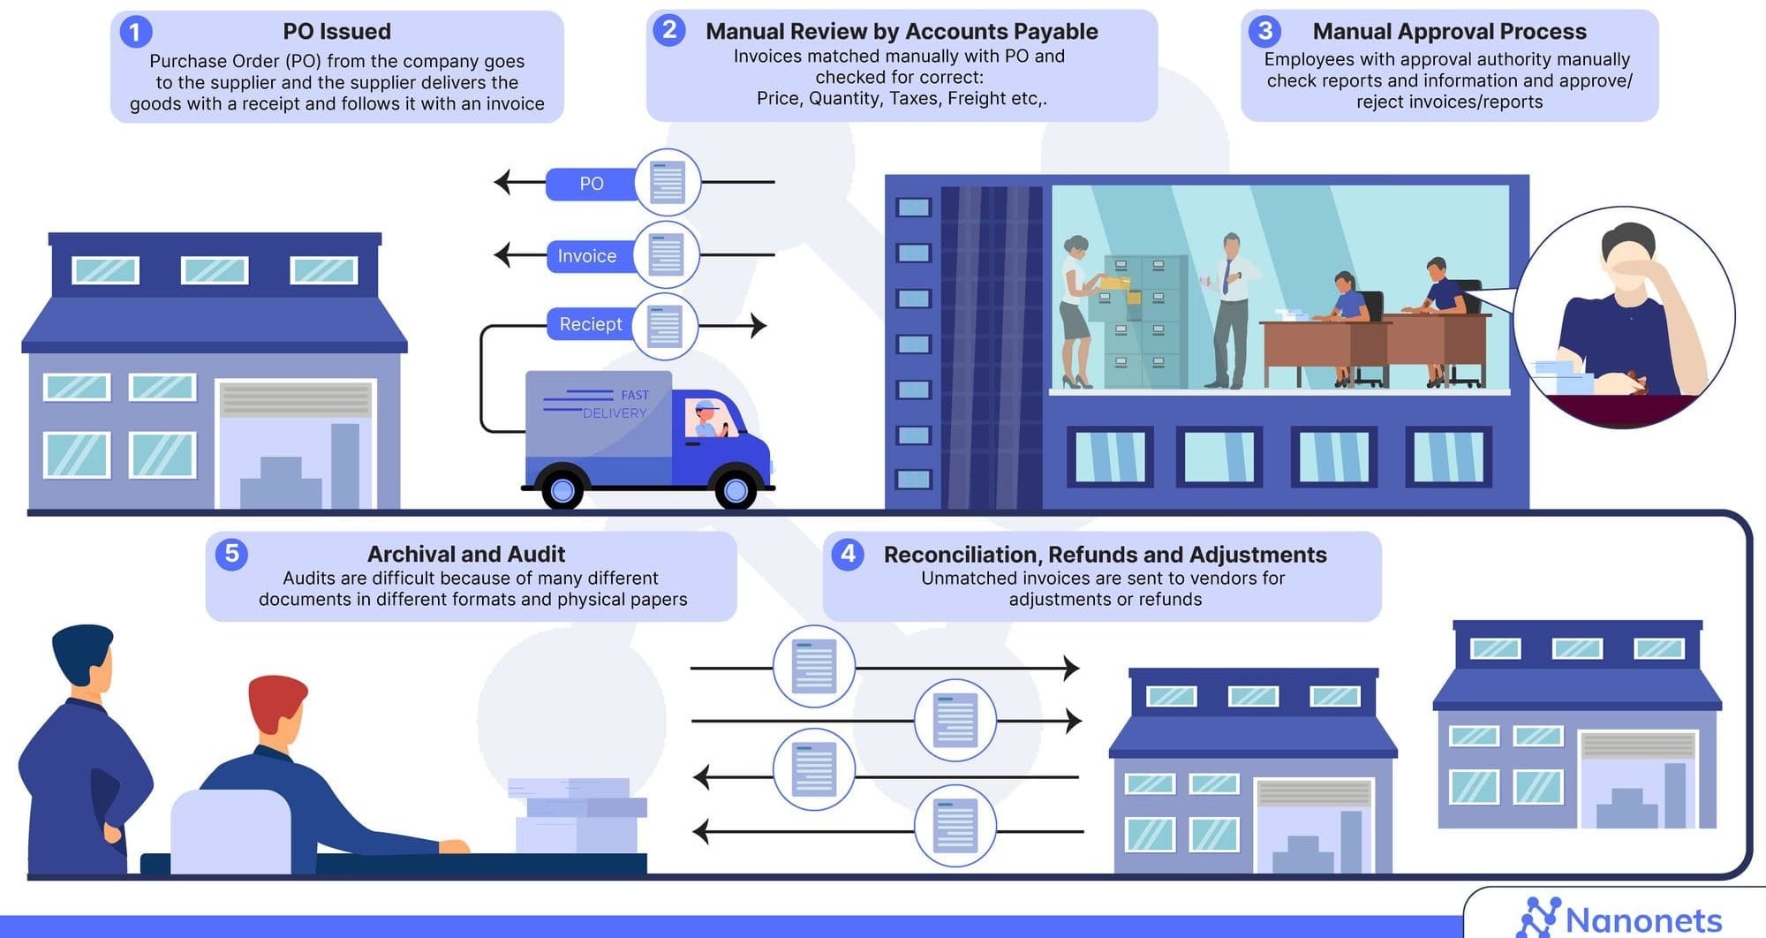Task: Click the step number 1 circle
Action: [134, 33]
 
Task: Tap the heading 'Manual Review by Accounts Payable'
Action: [901, 32]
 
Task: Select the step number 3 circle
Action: [1264, 32]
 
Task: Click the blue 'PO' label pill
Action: [591, 184]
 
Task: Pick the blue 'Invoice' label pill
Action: [587, 256]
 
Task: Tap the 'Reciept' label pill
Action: [590, 324]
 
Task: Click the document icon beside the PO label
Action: [668, 183]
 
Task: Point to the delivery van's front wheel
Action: [736, 488]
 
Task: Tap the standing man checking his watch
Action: [1230, 309]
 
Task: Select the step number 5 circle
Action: [231, 554]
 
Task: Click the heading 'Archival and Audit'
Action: [465, 554]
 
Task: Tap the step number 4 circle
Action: [848, 554]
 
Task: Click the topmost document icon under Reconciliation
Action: [813, 666]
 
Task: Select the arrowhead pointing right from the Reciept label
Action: [758, 325]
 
